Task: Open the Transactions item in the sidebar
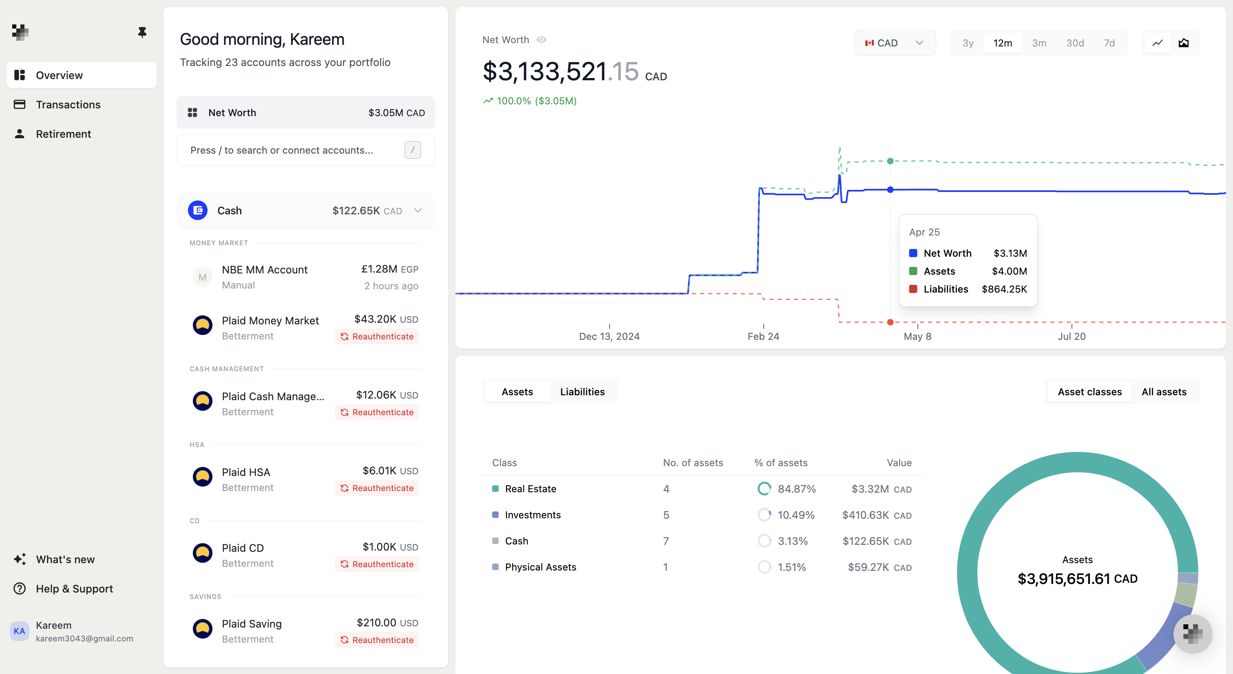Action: pos(68,104)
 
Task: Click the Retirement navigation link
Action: pos(63,134)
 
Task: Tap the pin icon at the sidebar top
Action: pos(142,32)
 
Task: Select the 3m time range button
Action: pos(1039,43)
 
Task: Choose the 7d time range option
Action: pos(1109,43)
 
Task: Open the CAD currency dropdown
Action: pos(894,43)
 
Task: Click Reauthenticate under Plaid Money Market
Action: pos(377,336)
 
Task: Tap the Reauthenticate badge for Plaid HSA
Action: pos(377,488)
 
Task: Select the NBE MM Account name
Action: pos(264,270)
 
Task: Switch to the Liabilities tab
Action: pos(582,392)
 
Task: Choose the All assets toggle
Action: pos(1164,392)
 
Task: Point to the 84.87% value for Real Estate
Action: pos(796,489)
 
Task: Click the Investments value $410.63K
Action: pos(865,515)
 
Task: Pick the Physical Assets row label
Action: pos(540,567)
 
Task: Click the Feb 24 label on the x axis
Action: pos(763,336)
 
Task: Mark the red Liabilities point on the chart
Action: pos(890,322)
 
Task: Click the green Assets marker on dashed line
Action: pos(890,161)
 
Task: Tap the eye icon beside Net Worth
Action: pos(541,40)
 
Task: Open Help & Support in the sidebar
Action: pos(74,589)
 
